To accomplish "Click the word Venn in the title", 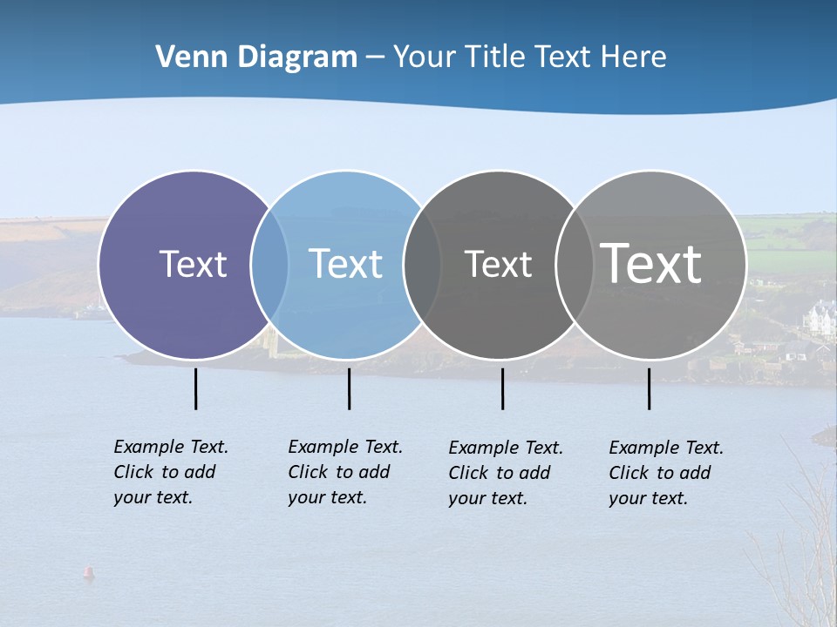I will coord(185,57).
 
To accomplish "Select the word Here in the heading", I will coord(634,57).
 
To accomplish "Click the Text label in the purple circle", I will coord(193,264).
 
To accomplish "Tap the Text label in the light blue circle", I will coord(345,264).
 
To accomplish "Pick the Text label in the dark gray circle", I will coord(498,264).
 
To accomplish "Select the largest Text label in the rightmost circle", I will coord(650,263).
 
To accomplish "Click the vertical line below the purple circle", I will coord(195,388).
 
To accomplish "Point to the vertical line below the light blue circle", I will coord(349,388).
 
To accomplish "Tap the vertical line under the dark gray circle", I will coord(502,388).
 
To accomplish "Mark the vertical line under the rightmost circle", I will coord(649,388).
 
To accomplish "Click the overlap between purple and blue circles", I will coord(269,264).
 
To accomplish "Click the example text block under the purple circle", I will coord(171,472).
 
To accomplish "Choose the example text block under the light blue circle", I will coord(345,472).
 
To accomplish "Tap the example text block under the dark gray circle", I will coord(506,473).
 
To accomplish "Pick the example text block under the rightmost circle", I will coord(666,473).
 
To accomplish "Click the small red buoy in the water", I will coord(87,572).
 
